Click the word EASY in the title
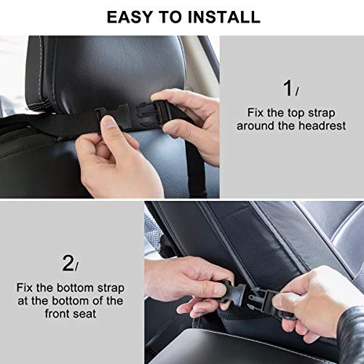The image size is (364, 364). (x=130, y=17)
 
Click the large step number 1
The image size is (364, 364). (x=288, y=88)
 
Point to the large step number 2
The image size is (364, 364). (x=68, y=263)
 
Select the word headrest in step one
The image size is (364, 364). (x=322, y=126)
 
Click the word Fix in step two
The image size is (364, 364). (x=24, y=288)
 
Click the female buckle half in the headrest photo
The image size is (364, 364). (x=114, y=116)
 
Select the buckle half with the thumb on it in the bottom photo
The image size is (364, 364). (x=231, y=291)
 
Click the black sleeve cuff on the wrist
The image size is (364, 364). (x=351, y=333)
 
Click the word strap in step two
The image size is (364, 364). (x=111, y=288)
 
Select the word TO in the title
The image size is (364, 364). (x=170, y=17)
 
